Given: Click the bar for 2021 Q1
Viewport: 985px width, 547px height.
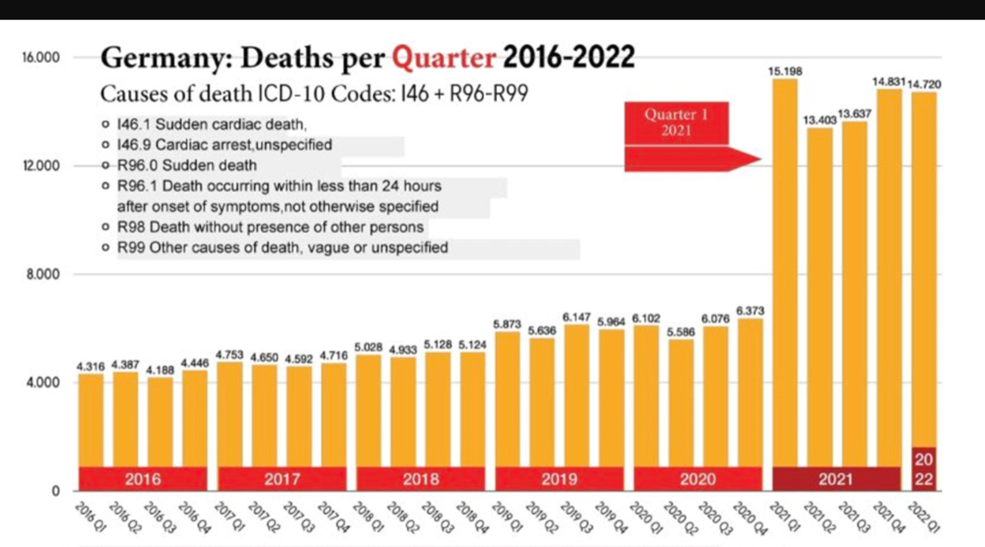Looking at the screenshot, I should [785, 276].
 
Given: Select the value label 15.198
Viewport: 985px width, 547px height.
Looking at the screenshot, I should [785, 71].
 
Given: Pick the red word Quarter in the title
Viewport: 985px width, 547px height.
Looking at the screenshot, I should [444, 58].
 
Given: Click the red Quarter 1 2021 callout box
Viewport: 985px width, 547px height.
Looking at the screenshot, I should [676, 123].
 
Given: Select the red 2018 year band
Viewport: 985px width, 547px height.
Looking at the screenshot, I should [420, 478].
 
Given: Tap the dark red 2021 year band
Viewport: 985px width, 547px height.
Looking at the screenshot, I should [836, 478].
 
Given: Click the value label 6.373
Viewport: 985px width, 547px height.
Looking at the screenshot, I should [750, 312].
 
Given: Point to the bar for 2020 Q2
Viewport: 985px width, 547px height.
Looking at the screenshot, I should [681, 410].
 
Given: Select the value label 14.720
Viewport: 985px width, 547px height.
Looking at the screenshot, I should [924, 84].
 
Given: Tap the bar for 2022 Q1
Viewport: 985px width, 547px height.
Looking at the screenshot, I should [923, 276].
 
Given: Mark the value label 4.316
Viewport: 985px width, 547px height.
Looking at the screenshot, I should [91, 367].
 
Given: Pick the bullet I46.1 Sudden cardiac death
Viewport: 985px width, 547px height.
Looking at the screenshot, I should [211, 125].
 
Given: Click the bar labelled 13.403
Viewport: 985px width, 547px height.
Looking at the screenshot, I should [819, 300].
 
